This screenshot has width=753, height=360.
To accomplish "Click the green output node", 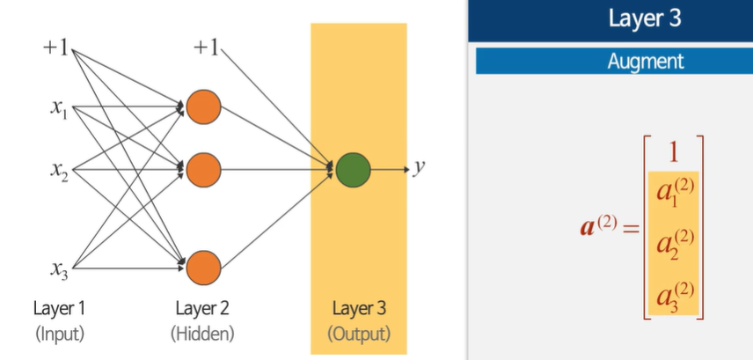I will (x=353, y=169).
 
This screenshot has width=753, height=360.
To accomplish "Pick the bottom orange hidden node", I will (x=203, y=267).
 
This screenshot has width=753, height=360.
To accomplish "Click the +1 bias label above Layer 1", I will (x=55, y=48).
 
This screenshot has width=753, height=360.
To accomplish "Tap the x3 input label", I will (x=59, y=267).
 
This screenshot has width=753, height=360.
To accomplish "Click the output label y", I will (x=420, y=167).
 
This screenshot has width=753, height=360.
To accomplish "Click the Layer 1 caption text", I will (x=60, y=309).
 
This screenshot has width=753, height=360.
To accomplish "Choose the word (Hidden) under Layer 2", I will (x=203, y=334).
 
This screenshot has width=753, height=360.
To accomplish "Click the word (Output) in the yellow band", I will (x=359, y=334).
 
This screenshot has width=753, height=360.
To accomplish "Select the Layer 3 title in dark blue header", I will (x=645, y=19).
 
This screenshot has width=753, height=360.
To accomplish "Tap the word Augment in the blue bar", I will (x=645, y=62).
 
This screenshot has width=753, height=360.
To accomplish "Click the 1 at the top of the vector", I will (x=674, y=152).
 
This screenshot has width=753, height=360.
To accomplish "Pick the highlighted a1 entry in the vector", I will (x=674, y=193).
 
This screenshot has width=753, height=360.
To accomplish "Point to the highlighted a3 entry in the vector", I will (x=674, y=293).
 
